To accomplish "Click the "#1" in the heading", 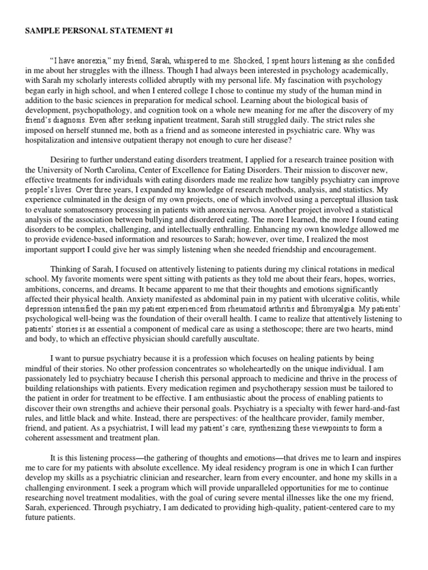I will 167,32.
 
